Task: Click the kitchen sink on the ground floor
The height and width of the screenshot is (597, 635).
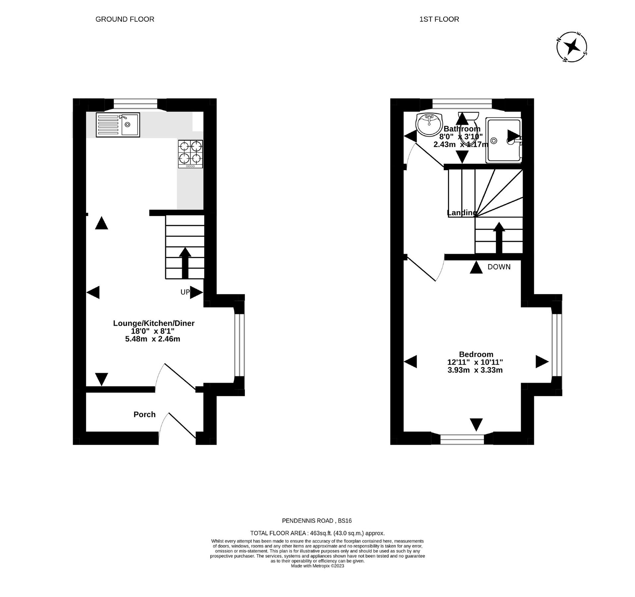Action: pyautogui.click(x=118, y=125)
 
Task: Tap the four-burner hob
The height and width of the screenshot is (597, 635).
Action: pyautogui.click(x=190, y=154)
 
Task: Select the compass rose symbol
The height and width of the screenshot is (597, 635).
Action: pyautogui.click(x=572, y=47)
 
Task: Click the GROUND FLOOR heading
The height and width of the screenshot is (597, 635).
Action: pyautogui.click(x=125, y=19)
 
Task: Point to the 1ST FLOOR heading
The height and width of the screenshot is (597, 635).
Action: pyautogui.click(x=439, y=19)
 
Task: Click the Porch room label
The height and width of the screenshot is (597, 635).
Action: pyautogui.click(x=144, y=414)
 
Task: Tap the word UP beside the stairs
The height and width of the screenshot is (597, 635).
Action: pyautogui.click(x=185, y=292)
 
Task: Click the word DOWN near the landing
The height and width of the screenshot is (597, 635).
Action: pyautogui.click(x=499, y=267)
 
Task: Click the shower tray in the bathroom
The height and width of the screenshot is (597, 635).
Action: pyautogui.click(x=503, y=140)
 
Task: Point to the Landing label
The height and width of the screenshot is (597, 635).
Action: pyautogui.click(x=461, y=213)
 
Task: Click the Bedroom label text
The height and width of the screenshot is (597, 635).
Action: pyautogui.click(x=476, y=354)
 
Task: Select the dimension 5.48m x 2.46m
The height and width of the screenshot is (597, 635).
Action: pyautogui.click(x=152, y=339)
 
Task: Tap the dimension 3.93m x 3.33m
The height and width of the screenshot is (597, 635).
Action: pyautogui.click(x=475, y=370)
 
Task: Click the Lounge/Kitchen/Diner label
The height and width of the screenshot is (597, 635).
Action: pyautogui.click(x=153, y=323)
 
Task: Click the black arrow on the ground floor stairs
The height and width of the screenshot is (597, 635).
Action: pyautogui.click(x=185, y=263)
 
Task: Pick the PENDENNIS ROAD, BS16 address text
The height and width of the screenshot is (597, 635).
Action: pyautogui.click(x=317, y=521)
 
